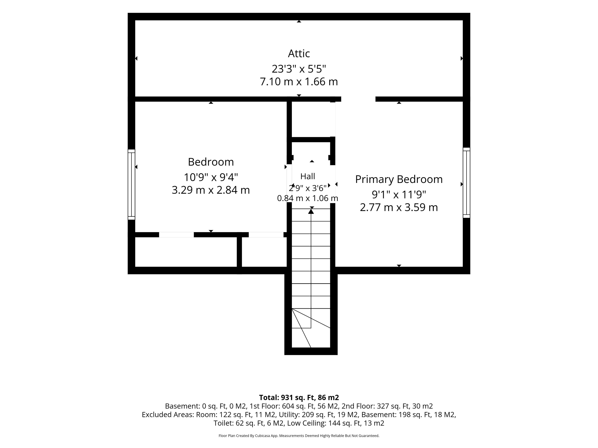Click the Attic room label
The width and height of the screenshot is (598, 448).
pyautogui.click(x=299, y=54)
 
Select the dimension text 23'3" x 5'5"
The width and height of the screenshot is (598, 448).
pyautogui.click(x=299, y=69)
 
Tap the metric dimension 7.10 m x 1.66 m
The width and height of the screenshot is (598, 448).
pyautogui.click(x=299, y=82)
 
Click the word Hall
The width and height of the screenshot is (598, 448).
pyautogui.click(x=308, y=176)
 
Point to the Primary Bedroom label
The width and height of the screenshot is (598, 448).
pyautogui.click(x=399, y=179)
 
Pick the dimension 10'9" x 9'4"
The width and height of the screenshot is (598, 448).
pyautogui.click(x=211, y=177)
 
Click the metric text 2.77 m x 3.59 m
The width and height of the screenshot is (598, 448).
pyautogui.click(x=399, y=207)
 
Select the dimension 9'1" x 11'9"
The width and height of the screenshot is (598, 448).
pyautogui.click(x=399, y=194)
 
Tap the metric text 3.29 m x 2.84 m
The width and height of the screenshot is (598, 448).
pyautogui.click(x=211, y=190)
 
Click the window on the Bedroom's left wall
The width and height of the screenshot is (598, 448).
pyautogui.click(x=131, y=184)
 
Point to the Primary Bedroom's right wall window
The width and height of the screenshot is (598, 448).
pyautogui.click(x=467, y=183)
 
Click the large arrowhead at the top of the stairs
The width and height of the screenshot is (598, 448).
pyautogui.click(x=311, y=211)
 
